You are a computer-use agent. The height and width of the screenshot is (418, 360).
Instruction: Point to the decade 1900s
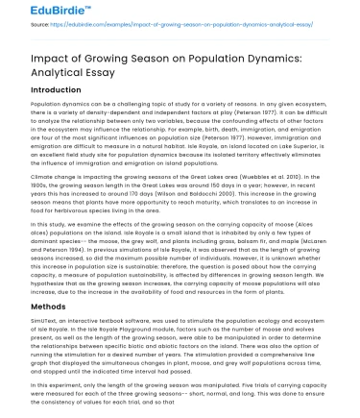click(23, 186)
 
